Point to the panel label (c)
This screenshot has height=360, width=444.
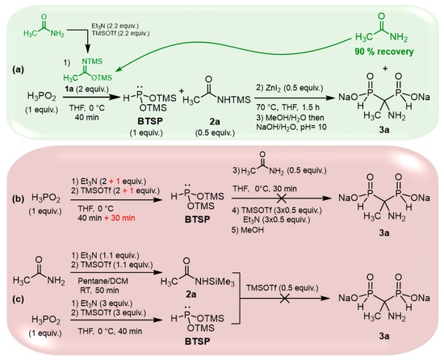[13, 301]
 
